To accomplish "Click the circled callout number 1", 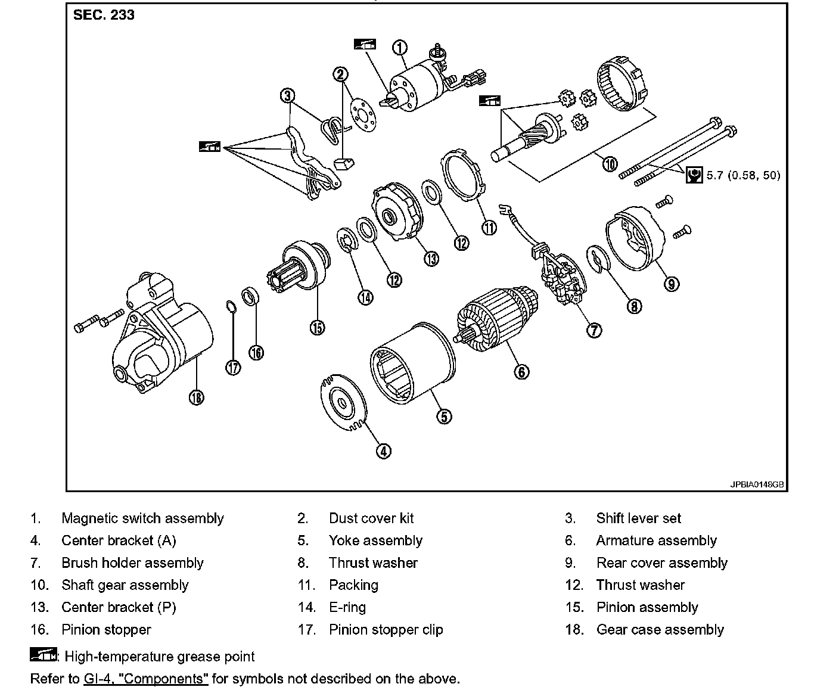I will (400, 48).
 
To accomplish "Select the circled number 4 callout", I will (384, 451).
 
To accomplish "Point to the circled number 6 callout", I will (521, 372).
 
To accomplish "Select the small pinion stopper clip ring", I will (231, 307).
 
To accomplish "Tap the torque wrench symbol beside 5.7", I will (694, 175).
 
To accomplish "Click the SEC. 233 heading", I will (104, 15).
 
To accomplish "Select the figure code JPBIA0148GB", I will (757, 484).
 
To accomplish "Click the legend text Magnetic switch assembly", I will (142, 518).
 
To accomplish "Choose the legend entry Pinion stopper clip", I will (386, 630).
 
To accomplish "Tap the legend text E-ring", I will (347, 607).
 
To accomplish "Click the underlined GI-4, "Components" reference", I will (146, 679).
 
